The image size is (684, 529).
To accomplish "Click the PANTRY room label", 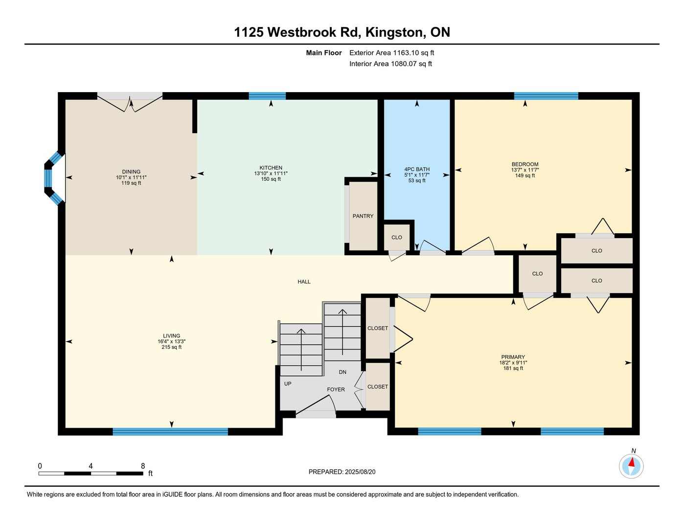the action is click(x=363, y=216).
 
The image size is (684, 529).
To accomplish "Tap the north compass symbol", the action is click(x=631, y=466).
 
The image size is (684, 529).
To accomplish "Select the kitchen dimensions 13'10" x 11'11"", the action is click(x=271, y=173).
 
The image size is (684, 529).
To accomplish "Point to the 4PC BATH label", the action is click(x=417, y=169).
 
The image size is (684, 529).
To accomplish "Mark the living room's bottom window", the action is click(x=170, y=432).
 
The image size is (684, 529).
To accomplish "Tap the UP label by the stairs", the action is click(x=288, y=384).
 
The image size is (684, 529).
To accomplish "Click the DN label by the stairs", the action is click(x=342, y=372).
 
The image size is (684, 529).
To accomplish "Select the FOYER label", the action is click(x=336, y=389).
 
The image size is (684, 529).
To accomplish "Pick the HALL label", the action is click(x=304, y=282).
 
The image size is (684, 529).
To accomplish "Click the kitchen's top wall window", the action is click(x=267, y=96).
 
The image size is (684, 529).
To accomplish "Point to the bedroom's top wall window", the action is click(x=546, y=96).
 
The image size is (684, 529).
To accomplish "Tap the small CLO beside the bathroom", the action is click(x=397, y=238).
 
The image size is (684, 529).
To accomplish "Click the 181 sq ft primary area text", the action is click(x=513, y=368).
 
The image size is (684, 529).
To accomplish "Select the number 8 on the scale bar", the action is click(x=143, y=466).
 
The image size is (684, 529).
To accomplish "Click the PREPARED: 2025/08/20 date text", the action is click(x=342, y=472).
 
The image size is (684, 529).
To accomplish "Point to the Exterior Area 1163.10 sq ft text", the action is click(x=391, y=53).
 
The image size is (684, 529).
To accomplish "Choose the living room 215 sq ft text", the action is click(x=172, y=347).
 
